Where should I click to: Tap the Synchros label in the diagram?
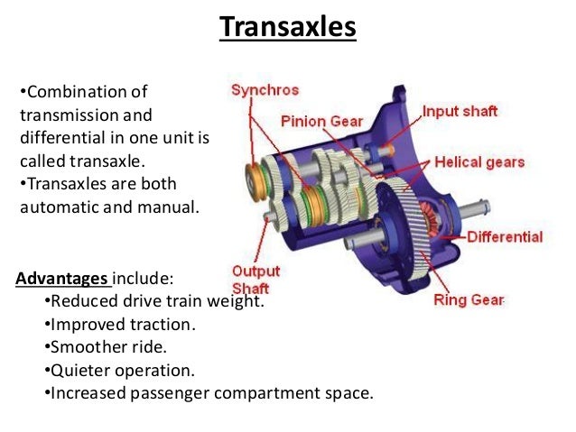pos(265,90)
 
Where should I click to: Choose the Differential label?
pos(505,237)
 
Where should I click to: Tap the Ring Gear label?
pos(469,299)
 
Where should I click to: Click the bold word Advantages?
pos(61,277)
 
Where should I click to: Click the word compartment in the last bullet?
pos(274,394)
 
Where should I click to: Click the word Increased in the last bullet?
pos(88,394)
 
